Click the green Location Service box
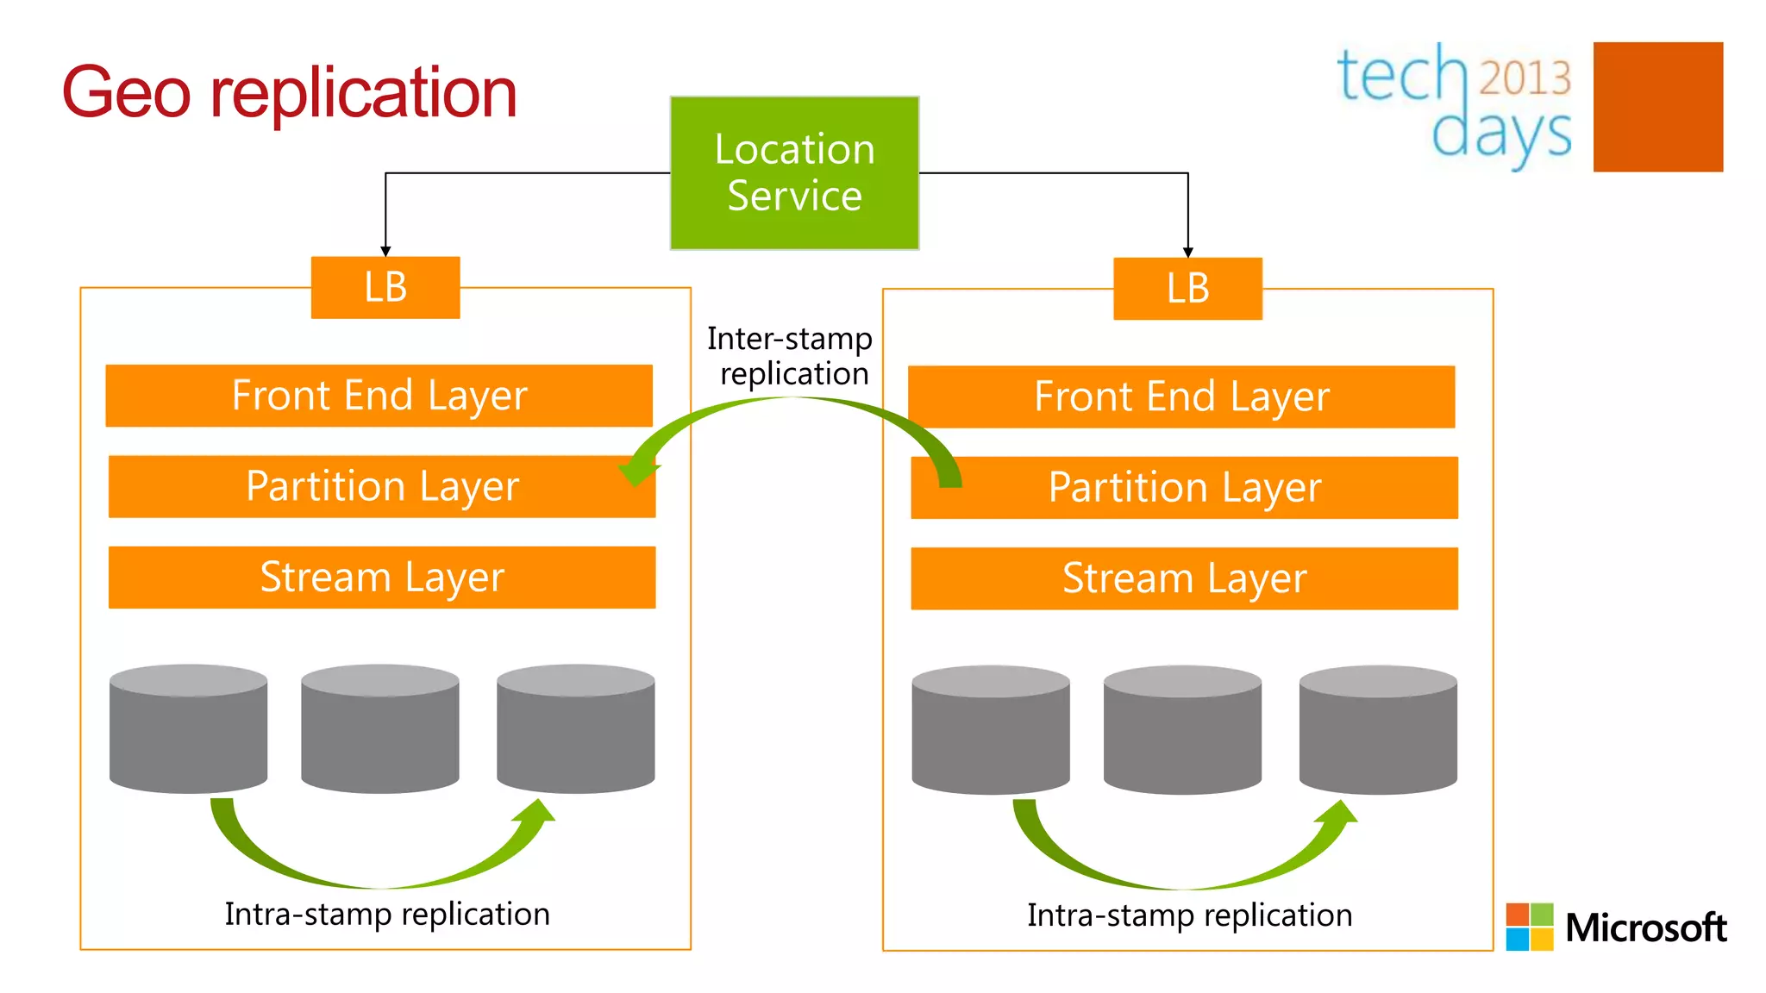[x=794, y=172]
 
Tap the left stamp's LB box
[x=385, y=288]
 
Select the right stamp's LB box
[x=1187, y=289]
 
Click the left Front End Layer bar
[x=379, y=396]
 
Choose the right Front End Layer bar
[x=1181, y=397]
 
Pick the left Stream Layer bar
[x=382, y=578]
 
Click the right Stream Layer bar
[x=1184, y=578]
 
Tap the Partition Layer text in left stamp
[x=382, y=486]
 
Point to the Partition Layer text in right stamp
[x=1185, y=488]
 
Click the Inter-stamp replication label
[x=790, y=356]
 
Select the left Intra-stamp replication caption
[x=387, y=914]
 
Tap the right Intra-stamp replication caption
[x=1189, y=915]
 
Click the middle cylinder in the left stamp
[x=379, y=728]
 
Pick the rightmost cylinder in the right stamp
[x=1378, y=729]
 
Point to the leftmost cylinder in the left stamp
[x=188, y=728]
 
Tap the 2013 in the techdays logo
[x=1525, y=78]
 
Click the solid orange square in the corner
[x=1657, y=107]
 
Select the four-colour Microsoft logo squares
[x=1529, y=927]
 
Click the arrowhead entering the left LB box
[x=385, y=251]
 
